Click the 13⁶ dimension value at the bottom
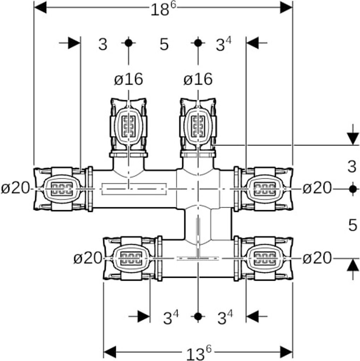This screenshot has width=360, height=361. pyautogui.click(x=199, y=353)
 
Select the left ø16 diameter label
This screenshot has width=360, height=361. pyautogui.click(x=128, y=79)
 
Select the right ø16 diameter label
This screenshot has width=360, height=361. pyautogui.click(x=198, y=79)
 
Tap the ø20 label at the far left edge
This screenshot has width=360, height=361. pyautogui.click(x=15, y=188)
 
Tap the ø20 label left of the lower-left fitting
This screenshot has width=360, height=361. pyautogui.click(x=88, y=258)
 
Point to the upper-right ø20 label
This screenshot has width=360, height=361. pyautogui.click(x=317, y=188)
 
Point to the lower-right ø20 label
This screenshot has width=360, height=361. pyautogui.click(x=317, y=258)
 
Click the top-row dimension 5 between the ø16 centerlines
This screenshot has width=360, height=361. pyautogui.click(x=164, y=45)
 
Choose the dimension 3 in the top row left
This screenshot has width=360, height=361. pyautogui.click(x=103, y=45)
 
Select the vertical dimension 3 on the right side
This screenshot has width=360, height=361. pyautogui.click(x=352, y=167)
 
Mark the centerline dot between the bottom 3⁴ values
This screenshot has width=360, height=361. pyautogui.click(x=199, y=316)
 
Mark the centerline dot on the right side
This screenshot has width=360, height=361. pyautogui.click(x=352, y=189)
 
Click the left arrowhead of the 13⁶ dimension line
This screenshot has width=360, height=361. pyautogui.click(x=110, y=351)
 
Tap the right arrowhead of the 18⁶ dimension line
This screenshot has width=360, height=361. pyautogui.click(x=286, y=7)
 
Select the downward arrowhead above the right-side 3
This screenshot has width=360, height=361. pyautogui.click(x=352, y=139)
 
